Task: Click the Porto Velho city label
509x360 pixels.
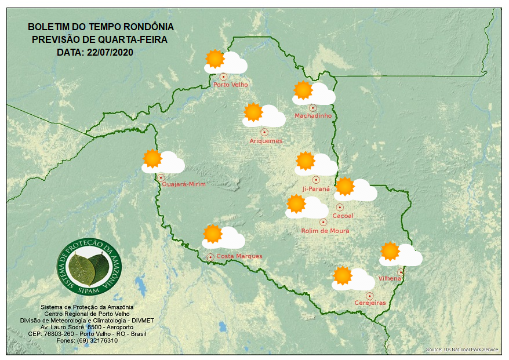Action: click(231, 85)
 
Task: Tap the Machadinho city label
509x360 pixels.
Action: click(313, 116)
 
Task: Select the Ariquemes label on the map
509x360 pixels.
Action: click(266, 141)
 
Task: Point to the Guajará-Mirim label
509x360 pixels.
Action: click(184, 184)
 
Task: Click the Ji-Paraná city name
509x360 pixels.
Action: click(316, 189)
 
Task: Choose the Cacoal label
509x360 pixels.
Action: click(343, 216)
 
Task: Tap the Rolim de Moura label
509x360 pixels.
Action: click(325, 231)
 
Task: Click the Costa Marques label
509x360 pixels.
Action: click(239, 256)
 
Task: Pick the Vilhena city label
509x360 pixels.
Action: click(390, 279)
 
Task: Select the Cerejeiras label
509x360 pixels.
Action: click(370, 303)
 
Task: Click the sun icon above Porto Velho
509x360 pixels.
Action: click(215, 59)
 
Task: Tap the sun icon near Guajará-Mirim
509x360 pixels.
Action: click(152, 158)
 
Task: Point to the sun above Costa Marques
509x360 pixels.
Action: click(213, 234)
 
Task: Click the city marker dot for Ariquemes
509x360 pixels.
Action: click(264, 132)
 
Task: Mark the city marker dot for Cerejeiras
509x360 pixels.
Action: click(369, 296)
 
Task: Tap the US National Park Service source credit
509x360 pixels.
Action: click(462, 350)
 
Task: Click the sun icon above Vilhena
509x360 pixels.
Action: click(390, 251)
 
